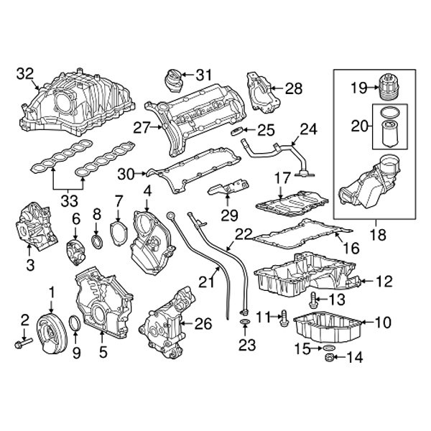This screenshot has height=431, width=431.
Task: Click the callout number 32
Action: tap(25, 73)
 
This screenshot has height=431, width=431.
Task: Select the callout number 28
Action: tap(294, 88)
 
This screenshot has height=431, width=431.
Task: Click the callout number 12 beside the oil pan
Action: tap(384, 281)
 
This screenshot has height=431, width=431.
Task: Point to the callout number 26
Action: tap(204, 324)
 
